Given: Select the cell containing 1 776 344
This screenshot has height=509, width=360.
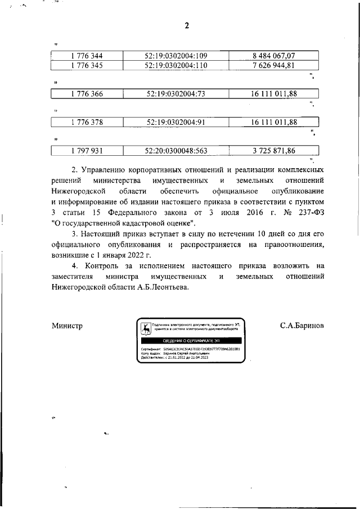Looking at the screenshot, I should pyautogui.click(x=87, y=55).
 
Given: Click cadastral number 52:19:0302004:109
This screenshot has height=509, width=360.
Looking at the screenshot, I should pyautogui.click(x=176, y=55).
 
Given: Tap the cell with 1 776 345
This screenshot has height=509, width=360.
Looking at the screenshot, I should pyautogui.click(x=87, y=65).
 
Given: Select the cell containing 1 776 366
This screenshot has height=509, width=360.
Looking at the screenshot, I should pyautogui.click(x=87, y=93).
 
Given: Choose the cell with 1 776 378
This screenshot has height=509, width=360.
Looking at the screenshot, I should pyautogui.click(x=87, y=122).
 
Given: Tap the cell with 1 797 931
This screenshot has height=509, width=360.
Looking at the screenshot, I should pyautogui.click(x=87, y=150).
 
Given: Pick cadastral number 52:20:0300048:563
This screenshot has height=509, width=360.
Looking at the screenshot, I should pyautogui.click(x=176, y=150).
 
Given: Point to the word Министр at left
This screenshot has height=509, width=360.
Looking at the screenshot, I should pyautogui.click(x=67, y=326).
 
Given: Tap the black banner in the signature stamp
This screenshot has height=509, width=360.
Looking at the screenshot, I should pyautogui.click(x=191, y=341).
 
